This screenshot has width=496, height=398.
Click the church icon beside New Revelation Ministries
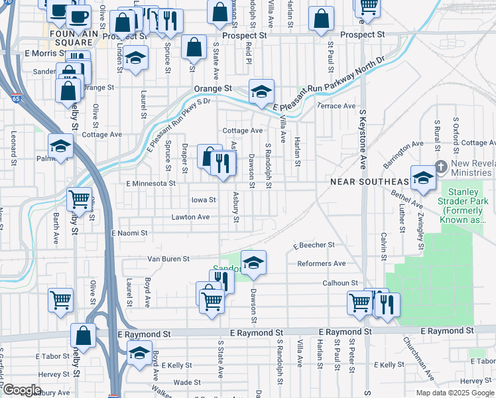[x=440, y=165]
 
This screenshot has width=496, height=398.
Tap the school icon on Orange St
[x=261, y=92]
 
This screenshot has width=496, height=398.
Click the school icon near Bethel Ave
[x=422, y=177]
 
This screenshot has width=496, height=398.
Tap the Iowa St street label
[x=204, y=200]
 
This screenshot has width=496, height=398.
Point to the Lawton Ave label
[x=190, y=217]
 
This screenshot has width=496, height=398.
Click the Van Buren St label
[x=168, y=259]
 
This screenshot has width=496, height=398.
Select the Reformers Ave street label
[x=321, y=263]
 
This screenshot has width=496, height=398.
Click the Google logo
[x=22, y=389]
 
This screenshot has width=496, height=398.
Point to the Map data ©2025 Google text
[x=454, y=393]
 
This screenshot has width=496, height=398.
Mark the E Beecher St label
[x=315, y=245]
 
